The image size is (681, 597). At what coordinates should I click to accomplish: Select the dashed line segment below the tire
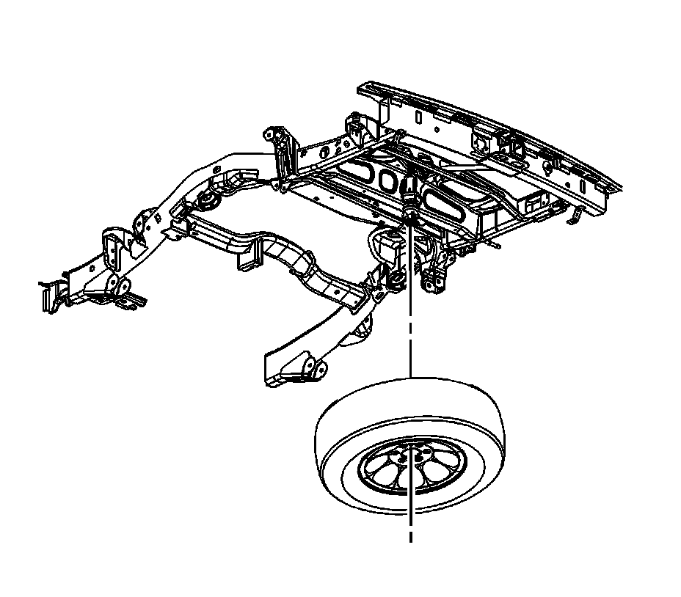[410, 531]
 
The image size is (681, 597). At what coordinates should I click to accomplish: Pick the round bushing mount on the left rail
[209, 202]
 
